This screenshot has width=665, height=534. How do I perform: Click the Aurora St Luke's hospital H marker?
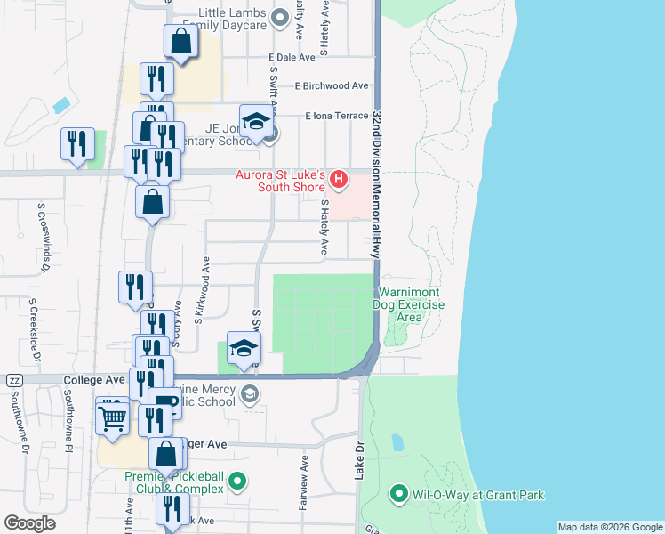pos(338,181)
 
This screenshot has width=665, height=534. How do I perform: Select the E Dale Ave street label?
pos(292,57)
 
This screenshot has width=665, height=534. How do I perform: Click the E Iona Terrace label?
pos(336,116)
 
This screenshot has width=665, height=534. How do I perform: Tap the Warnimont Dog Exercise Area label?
pos(411,304)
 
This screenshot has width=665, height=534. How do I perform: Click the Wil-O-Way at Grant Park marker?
pos(400,493)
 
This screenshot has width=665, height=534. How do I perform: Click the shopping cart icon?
pos(113,417)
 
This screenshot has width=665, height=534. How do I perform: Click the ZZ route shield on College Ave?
pos(13,380)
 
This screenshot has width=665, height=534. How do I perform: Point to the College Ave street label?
pos(94,379)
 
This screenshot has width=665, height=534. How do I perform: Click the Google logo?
pos(29,523)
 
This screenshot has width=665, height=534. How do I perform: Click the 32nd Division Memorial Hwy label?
pos(377,184)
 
